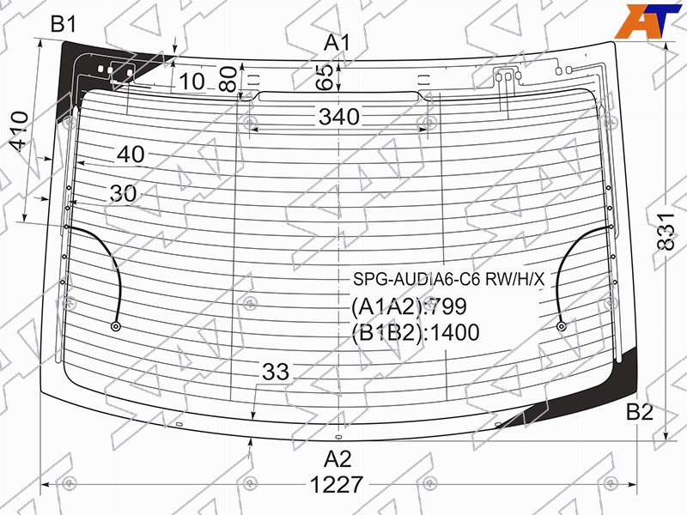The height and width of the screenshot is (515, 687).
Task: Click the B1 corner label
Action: click(x=64, y=24)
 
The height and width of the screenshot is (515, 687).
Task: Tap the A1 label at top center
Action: click(x=337, y=44)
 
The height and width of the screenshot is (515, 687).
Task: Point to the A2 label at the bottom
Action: click(x=337, y=459)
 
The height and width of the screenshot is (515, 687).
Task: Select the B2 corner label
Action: click(x=640, y=412)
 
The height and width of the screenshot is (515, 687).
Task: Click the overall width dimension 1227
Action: click(x=337, y=485)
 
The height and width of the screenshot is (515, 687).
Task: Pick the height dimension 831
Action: click(x=666, y=232)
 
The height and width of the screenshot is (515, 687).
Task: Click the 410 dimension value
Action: click(x=19, y=131)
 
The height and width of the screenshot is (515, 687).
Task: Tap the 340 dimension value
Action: click(x=339, y=117)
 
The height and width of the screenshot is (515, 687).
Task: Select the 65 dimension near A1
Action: click(x=325, y=77)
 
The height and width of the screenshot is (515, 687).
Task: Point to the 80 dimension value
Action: click(x=228, y=79)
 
